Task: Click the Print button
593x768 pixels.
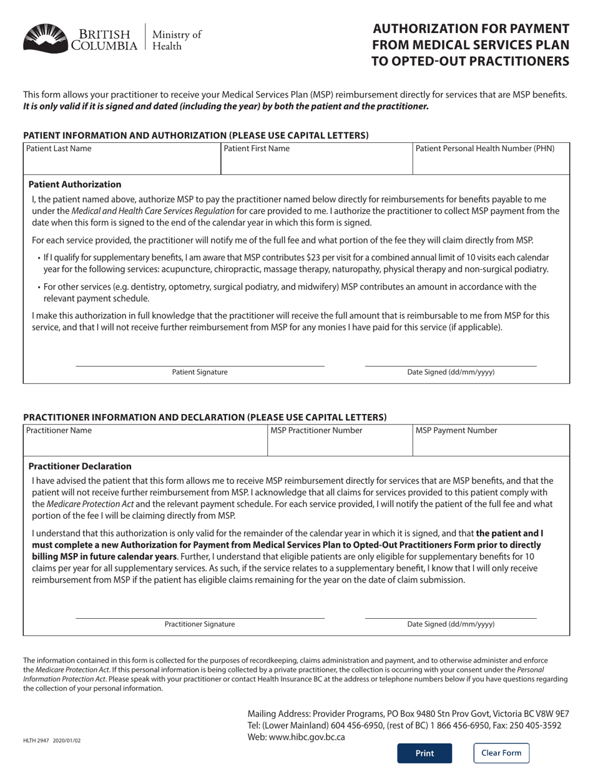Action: [424, 753]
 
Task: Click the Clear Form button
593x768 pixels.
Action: [501, 753]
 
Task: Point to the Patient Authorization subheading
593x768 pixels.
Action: [75, 185]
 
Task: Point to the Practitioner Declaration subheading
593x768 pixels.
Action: [80, 466]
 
